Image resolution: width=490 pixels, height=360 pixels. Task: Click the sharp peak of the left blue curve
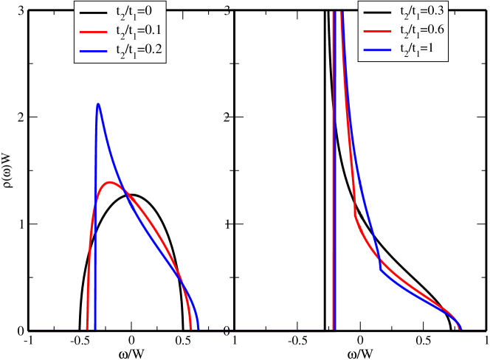coord(97,104)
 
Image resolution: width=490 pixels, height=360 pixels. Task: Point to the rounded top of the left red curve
coord(110,181)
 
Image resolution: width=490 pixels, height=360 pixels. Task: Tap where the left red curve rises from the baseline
coord(87,329)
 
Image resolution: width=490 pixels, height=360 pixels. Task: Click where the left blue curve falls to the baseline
coord(199,329)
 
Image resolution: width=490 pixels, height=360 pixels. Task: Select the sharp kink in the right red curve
coord(355,218)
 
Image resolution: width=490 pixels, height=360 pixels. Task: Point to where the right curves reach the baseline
coord(461,329)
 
